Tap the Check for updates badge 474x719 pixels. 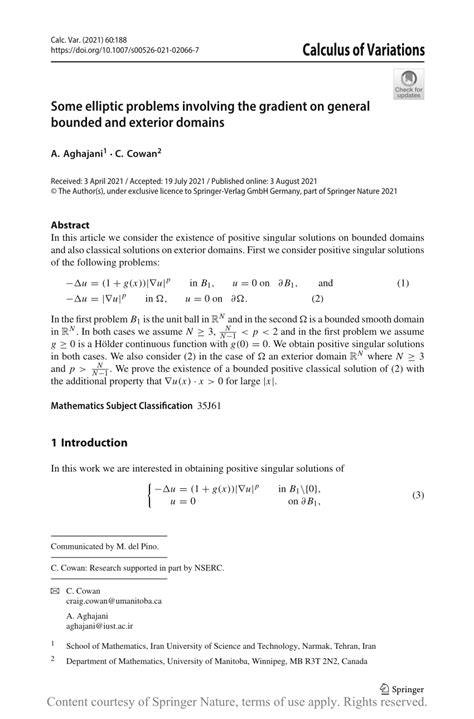[x=408, y=83]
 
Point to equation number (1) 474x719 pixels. [x=403, y=284]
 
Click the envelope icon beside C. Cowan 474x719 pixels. [x=55, y=590]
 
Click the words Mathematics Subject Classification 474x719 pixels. [x=136, y=405]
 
